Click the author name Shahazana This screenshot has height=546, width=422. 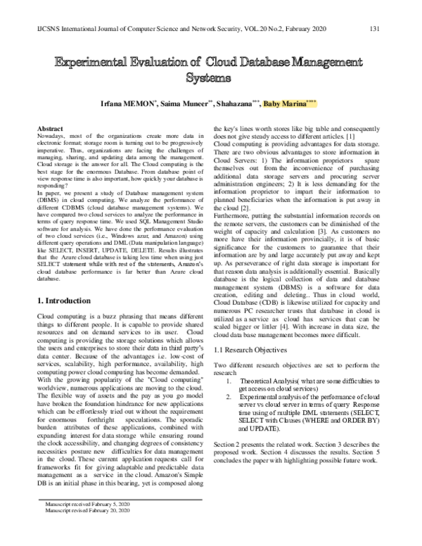[236, 103]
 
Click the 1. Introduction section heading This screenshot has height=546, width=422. [67, 320]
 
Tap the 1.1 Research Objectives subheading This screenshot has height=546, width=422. [250, 350]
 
